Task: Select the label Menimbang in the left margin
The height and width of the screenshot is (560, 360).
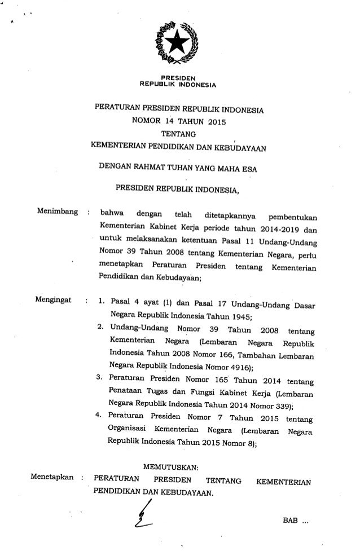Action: tap(56, 214)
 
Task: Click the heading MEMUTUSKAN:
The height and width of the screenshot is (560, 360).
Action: tap(177, 466)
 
